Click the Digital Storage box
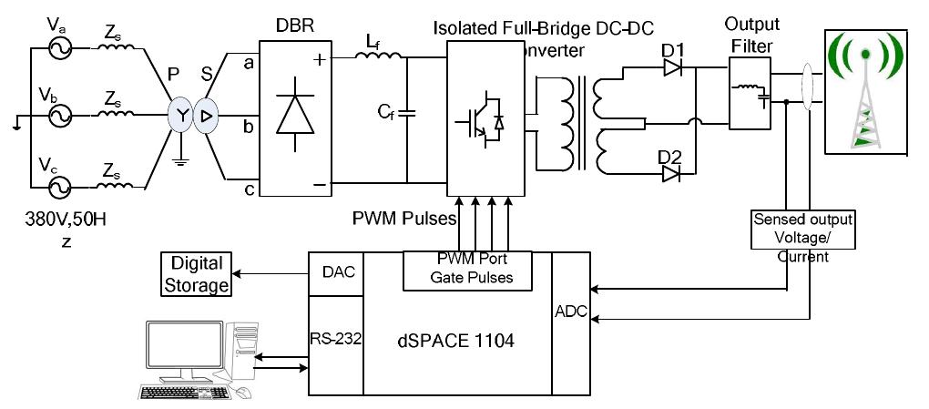point(196,274)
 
